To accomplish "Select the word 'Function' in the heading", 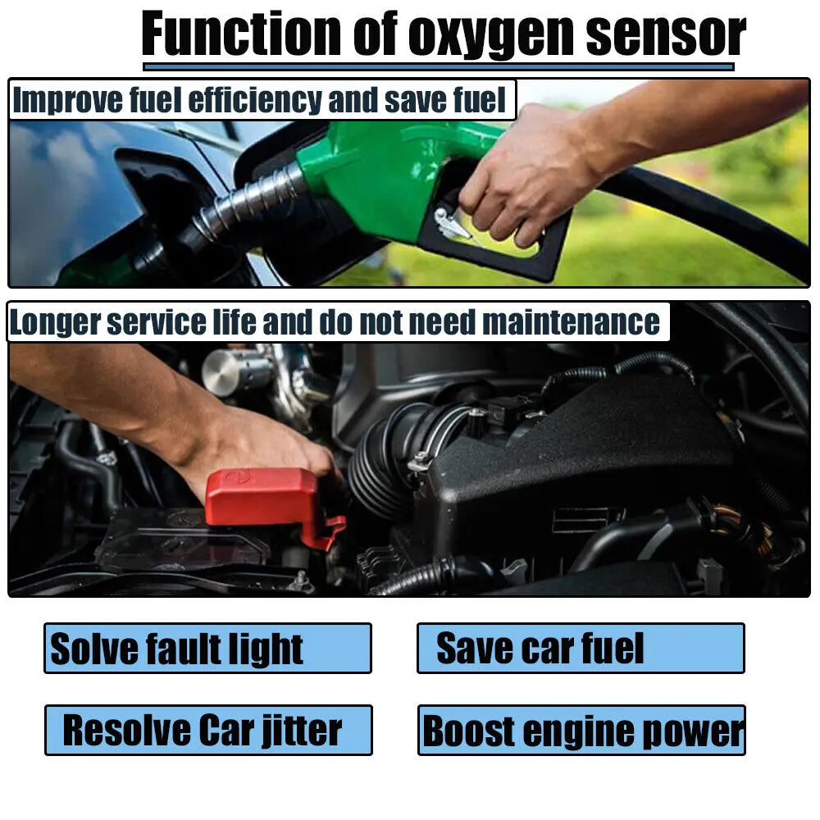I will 242,34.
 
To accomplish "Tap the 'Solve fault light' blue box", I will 207,649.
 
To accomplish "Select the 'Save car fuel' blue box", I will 581,649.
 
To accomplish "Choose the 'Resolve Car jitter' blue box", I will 208,730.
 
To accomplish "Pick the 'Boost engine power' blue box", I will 581,730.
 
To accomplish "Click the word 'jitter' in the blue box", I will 300,730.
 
